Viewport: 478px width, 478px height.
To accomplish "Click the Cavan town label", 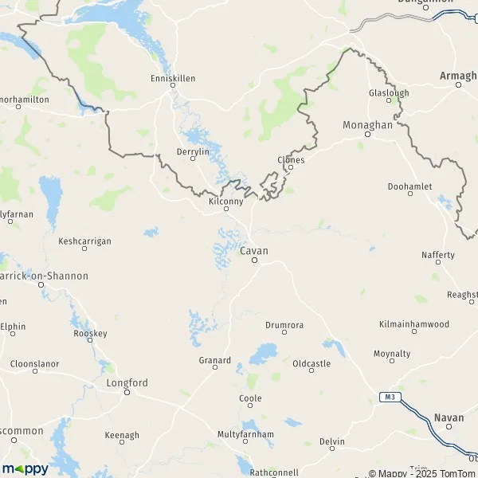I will coord(254,251).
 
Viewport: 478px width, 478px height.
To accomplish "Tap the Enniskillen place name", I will coord(173,79).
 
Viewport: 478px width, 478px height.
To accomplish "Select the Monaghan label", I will coord(367,126).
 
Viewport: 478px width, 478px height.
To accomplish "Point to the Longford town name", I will coord(127,383).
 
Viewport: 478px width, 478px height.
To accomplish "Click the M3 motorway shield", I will coord(387,398).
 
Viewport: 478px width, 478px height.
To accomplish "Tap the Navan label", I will coord(449,417).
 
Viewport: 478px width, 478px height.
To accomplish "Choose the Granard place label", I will coord(214,360).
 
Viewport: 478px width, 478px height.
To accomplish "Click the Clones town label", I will coord(291,159).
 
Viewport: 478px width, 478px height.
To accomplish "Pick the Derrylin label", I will coord(192,151).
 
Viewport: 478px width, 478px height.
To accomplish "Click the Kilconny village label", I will coord(225,202).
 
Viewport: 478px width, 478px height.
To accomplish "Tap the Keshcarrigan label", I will coord(85,241).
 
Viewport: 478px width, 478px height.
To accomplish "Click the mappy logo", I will coord(25,468).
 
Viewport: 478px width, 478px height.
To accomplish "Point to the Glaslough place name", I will coord(389,93).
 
